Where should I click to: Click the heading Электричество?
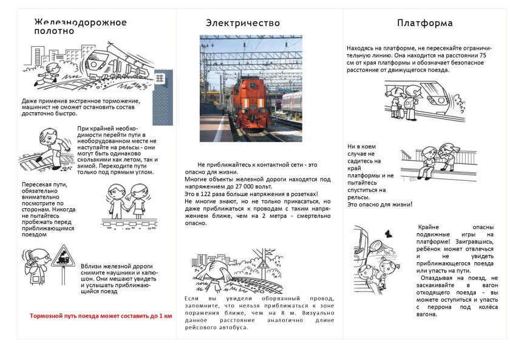[x=243, y=23]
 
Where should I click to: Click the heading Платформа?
[x=424, y=23]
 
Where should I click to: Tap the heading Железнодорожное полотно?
[x=80, y=27]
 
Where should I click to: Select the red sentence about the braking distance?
[x=101, y=316]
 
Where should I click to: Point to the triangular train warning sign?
[x=62, y=258]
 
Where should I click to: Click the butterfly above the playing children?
[x=387, y=233]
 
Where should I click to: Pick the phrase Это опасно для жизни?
[x=379, y=205]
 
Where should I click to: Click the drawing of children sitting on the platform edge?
[x=437, y=161]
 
